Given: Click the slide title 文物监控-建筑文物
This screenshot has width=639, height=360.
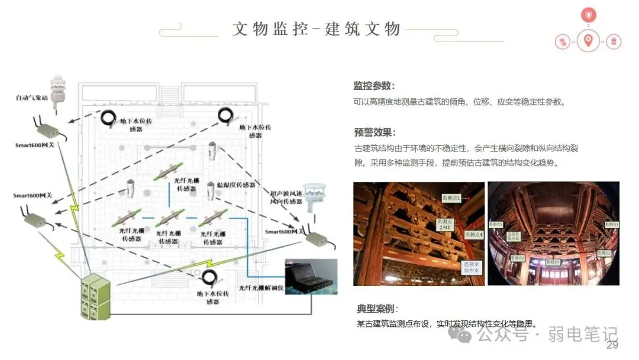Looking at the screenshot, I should (x=317, y=29).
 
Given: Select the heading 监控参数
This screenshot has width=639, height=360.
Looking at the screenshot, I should (x=374, y=86).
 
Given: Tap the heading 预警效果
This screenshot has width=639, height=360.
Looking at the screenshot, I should (x=374, y=132).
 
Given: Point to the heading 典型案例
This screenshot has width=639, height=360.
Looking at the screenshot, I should (x=377, y=308).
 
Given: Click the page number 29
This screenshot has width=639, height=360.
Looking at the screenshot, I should (x=612, y=345).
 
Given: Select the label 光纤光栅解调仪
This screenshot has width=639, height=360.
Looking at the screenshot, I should (x=262, y=288).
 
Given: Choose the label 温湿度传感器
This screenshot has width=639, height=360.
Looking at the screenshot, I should (x=235, y=185).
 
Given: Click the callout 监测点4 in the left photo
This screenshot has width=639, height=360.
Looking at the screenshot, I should (x=473, y=235).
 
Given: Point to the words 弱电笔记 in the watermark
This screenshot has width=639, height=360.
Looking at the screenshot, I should (x=582, y=335).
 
